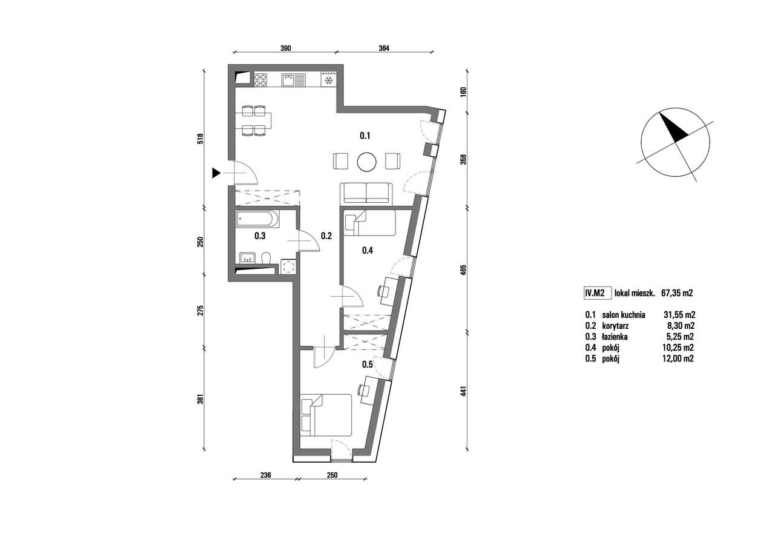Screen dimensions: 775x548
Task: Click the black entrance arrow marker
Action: [x=216, y=173]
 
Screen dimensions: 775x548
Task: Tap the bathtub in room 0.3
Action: [x=257, y=219]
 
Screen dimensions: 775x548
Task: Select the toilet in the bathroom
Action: [x=266, y=258]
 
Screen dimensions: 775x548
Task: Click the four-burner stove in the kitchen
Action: [x=260, y=81]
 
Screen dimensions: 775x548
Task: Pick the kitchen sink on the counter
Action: [x=294, y=81]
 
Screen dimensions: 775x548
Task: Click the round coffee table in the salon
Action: [x=366, y=162]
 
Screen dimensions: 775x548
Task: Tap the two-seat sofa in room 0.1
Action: [x=366, y=193]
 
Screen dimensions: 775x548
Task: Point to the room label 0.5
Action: [x=367, y=365]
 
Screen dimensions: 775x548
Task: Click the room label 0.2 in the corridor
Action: [x=326, y=236]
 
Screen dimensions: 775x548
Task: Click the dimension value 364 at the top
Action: [x=384, y=48]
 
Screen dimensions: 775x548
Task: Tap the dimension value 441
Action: [x=464, y=391]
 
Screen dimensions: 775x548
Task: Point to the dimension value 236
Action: [x=265, y=475]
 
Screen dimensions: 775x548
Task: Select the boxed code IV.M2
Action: [x=595, y=293]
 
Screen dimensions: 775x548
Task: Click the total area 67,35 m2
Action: [x=677, y=293]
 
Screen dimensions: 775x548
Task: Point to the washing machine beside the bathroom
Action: [x=288, y=267]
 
